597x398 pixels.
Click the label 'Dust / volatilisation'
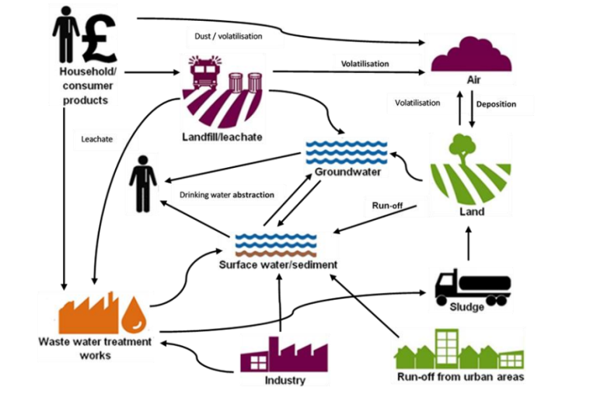click(x=228, y=36)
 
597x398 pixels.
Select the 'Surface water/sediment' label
click(x=278, y=265)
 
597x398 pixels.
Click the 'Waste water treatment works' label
click(x=96, y=348)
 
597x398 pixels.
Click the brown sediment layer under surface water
click(x=276, y=253)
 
